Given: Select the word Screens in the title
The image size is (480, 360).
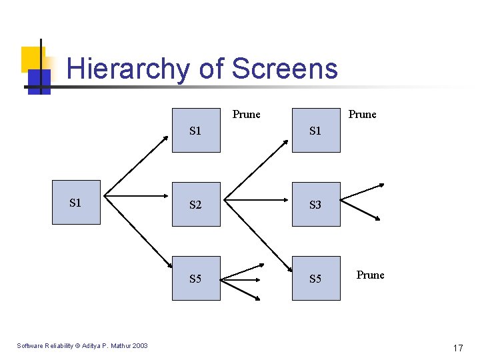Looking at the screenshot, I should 285,69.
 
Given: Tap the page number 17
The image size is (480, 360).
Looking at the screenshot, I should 458,348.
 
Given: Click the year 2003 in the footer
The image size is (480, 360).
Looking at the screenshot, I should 140,345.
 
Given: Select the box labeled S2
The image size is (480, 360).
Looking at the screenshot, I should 196,205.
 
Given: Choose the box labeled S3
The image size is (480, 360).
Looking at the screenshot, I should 316,205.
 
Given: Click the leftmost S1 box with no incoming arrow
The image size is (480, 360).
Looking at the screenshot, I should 76,202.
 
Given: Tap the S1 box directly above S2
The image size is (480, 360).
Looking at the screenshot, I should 196,131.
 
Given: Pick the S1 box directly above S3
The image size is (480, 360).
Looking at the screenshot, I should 316,131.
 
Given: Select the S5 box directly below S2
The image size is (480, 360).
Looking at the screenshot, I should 196,278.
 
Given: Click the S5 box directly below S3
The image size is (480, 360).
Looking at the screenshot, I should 316,278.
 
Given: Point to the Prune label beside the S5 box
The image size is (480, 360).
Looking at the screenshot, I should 370,275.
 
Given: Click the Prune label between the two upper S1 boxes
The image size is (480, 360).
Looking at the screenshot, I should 246,115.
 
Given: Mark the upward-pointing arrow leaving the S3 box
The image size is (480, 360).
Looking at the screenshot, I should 363,191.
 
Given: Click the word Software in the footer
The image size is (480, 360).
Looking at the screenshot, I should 31,345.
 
